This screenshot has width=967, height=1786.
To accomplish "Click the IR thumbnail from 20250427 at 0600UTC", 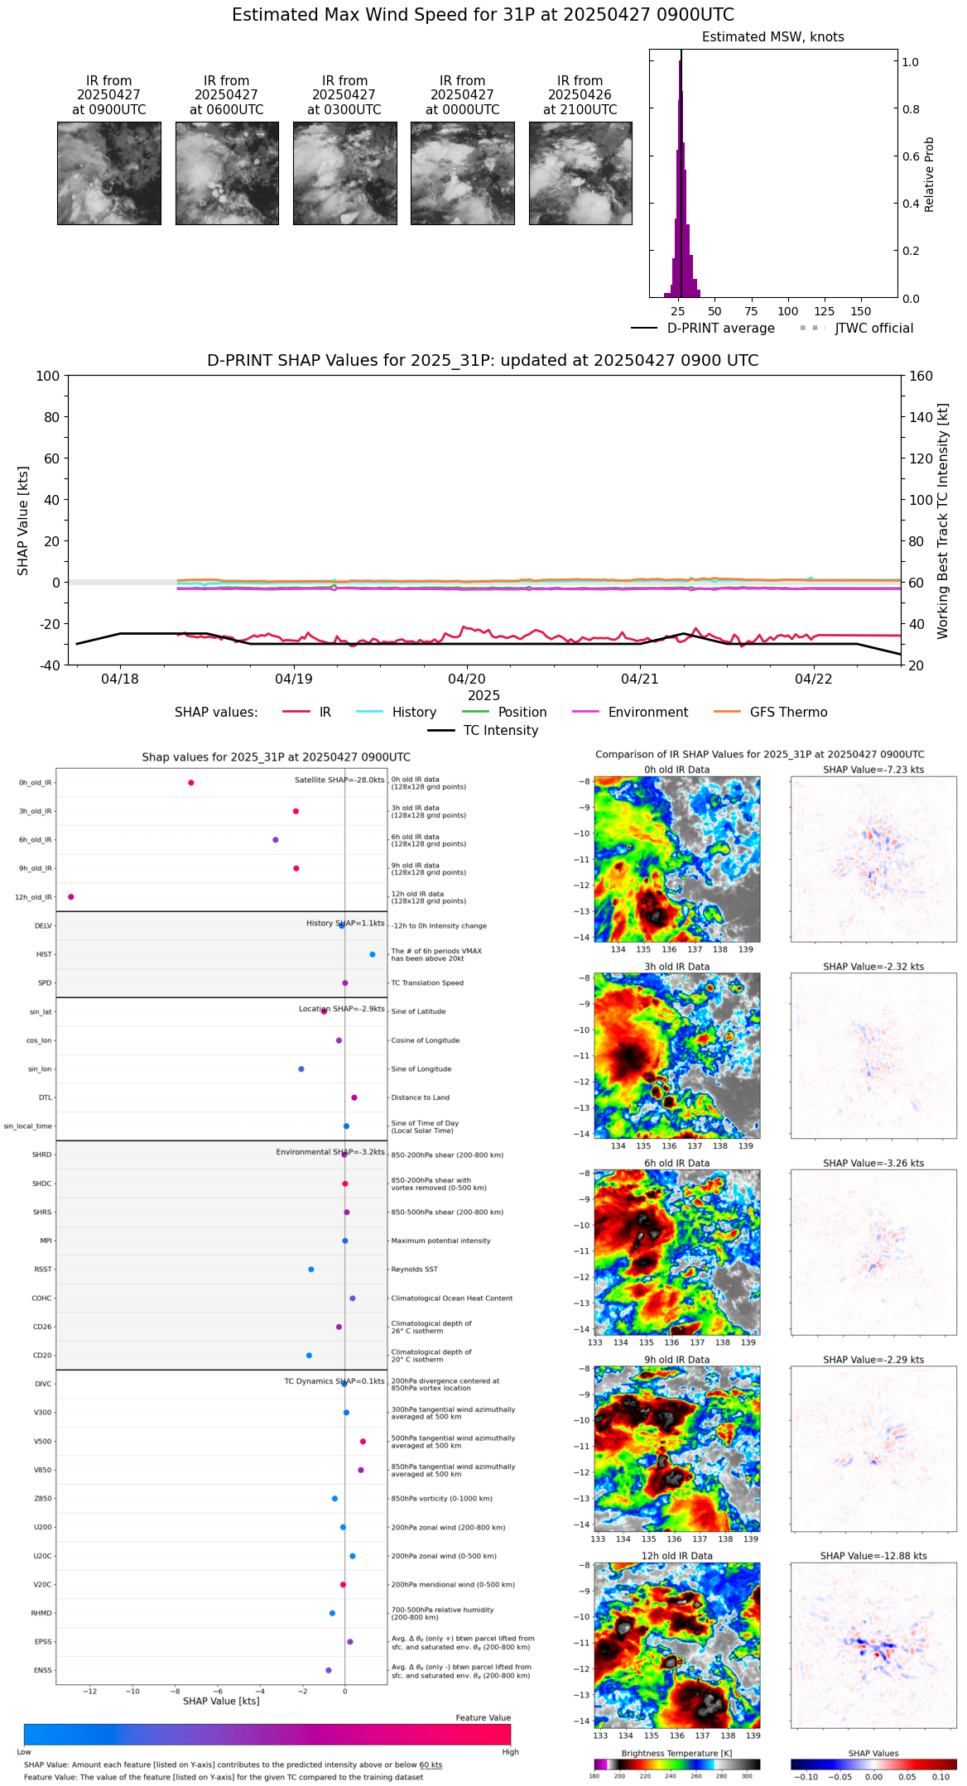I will (227, 173).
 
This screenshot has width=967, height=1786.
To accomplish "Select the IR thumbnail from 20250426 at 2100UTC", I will (580, 173).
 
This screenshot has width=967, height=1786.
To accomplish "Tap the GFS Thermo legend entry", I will (788, 713).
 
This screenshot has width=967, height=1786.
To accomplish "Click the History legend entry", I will (414, 713).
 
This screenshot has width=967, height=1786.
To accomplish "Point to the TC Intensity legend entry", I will (500, 731).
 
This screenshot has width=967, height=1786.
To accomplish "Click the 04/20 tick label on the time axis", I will (467, 679).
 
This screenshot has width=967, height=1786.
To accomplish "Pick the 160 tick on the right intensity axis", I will (921, 377).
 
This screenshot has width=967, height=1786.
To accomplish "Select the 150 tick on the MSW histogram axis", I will (861, 312).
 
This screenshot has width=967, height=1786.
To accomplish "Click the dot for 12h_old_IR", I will (71, 897).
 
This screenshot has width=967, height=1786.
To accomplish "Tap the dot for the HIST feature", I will (373, 954).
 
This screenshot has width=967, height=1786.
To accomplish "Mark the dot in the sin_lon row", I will (301, 1069).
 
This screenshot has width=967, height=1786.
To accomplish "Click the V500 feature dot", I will (363, 1442).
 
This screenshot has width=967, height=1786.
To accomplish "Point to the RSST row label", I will (43, 1270).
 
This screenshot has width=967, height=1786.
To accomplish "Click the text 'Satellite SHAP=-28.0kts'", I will (339, 780).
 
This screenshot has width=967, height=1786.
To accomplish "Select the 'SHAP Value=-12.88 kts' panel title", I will (873, 1556).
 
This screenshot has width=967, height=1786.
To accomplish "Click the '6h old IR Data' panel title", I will (676, 1163).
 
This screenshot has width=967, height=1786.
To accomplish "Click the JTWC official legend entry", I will (873, 329).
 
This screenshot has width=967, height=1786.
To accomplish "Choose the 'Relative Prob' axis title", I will (930, 174).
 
